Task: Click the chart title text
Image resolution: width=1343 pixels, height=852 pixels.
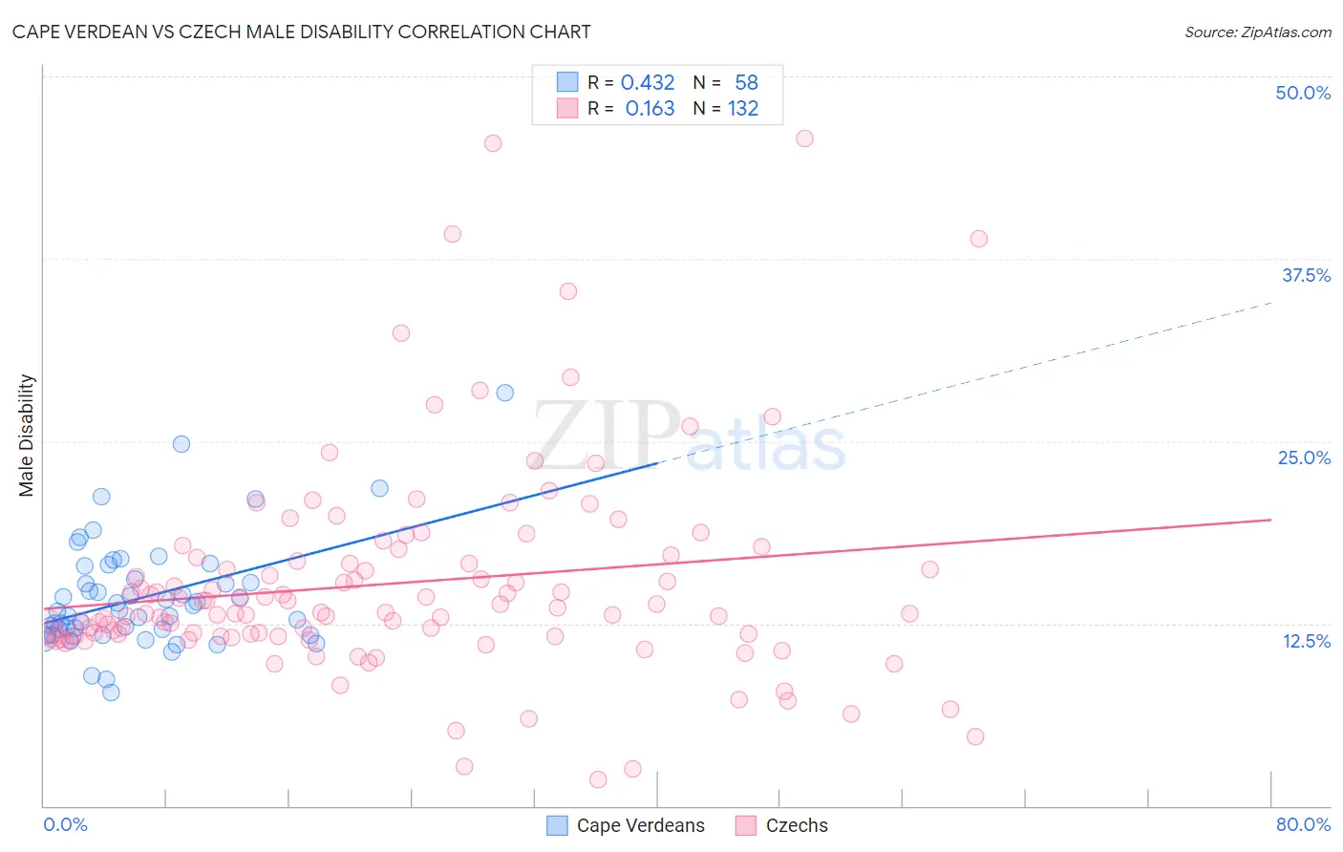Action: pyautogui.click(x=301, y=32)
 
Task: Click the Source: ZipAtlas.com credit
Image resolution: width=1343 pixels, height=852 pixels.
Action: pyautogui.click(x=1257, y=32)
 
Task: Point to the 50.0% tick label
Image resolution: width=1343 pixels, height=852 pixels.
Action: pyautogui.click(x=1303, y=93)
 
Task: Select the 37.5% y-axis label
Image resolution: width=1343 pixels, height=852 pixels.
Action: pyautogui.click(x=1306, y=275)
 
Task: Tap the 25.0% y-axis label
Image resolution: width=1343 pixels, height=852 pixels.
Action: pyautogui.click(x=1304, y=458)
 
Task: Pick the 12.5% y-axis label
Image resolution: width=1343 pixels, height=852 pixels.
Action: pyautogui.click(x=1306, y=641)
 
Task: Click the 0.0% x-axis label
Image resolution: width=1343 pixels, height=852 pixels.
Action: pyautogui.click(x=65, y=824)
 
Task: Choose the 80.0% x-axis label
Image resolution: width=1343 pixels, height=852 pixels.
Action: pyautogui.click(x=1303, y=824)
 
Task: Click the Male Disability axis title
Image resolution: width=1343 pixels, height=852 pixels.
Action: pyautogui.click(x=27, y=435)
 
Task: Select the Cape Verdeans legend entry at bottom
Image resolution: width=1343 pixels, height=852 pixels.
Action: pyautogui.click(x=626, y=825)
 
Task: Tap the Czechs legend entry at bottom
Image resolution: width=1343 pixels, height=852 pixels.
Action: pyautogui.click(x=782, y=825)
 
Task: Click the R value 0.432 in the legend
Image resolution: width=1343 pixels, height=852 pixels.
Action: pyautogui.click(x=648, y=83)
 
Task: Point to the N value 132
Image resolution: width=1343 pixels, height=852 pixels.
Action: pyautogui.click(x=743, y=109)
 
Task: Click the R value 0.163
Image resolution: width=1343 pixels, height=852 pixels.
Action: pyautogui.click(x=650, y=109)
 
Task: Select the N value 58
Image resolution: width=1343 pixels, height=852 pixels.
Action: pyautogui.click(x=746, y=83)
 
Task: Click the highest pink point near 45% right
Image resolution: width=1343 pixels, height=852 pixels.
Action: pyautogui.click(x=804, y=138)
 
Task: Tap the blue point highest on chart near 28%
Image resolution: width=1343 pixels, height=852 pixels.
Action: pyautogui.click(x=504, y=393)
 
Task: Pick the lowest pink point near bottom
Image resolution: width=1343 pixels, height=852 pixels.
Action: pyautogui.click(x=598, y=779)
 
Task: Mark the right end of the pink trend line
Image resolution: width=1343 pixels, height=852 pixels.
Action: pyautogui.click(x=1271, y=520)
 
